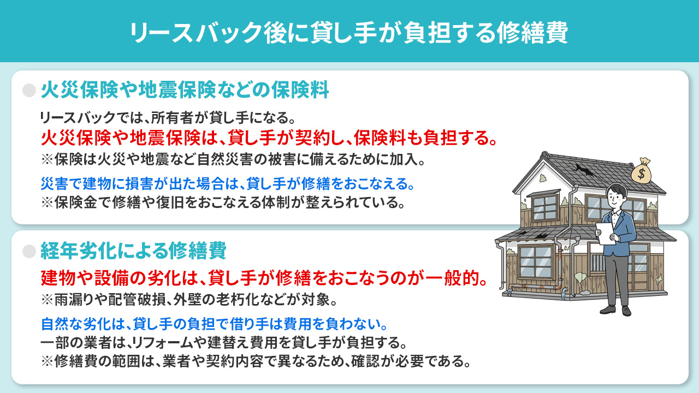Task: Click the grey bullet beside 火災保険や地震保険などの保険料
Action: click(29, 91)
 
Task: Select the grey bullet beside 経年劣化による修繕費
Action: click(29, 251)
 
